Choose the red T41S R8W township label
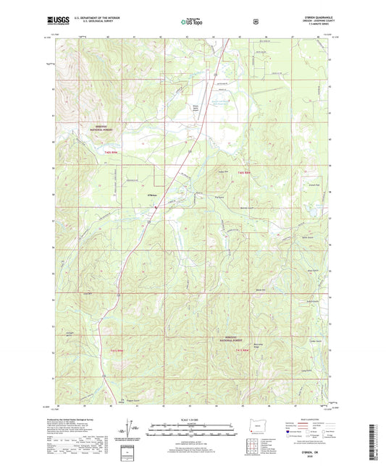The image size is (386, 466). click(243, 350)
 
